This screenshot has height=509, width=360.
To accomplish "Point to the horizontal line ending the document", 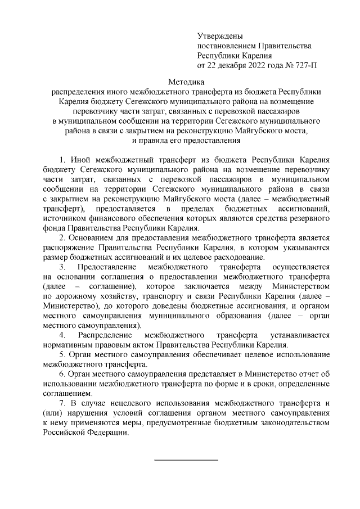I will coord(186,461).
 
